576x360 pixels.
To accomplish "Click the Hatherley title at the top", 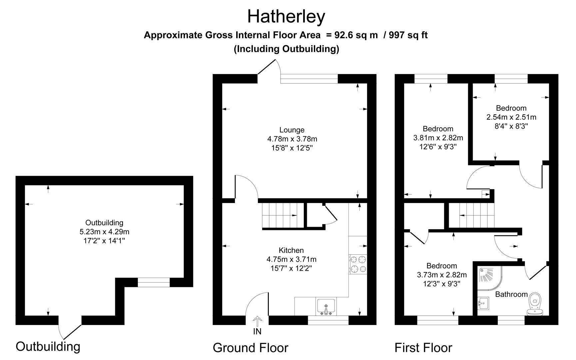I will [x=286, y=16].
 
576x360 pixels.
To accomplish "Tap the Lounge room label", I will [x=292, y=130].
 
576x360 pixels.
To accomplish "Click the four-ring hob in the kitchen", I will [x=358, y=264].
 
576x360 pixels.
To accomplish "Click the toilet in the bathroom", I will [x=535, y=303].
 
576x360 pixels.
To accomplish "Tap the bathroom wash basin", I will [x=483, y=303].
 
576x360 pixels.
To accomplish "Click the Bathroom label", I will [x=511, y=294].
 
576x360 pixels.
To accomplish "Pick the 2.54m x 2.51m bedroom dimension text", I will [x=511, y=117].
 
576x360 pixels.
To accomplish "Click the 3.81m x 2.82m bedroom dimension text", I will [x=438, y=138].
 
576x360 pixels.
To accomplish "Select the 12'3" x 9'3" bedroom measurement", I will [x=442, y=284].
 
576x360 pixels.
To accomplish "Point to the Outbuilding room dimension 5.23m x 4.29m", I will [x=104, y=231].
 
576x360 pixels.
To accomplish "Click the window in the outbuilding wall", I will [x=154, y=282].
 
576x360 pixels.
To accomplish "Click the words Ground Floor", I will [x=250, y=348].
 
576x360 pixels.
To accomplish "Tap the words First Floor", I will [x=423, y=348].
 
